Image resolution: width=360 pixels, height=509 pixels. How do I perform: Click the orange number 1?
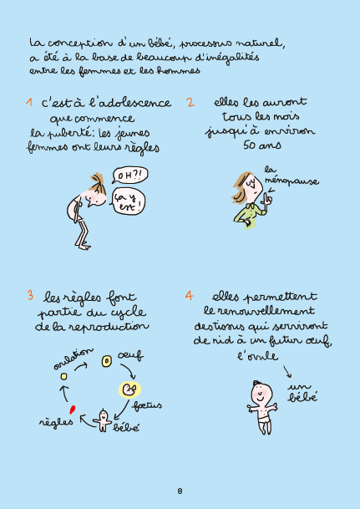(29, 102)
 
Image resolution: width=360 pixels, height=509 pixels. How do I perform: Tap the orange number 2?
(190, 102)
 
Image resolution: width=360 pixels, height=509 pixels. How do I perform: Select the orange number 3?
(30, 295)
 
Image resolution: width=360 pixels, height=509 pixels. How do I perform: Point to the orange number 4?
(189, 295)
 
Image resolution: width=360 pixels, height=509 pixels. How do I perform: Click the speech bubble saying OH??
(129, 176)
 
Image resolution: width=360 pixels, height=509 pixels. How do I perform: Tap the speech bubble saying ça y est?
(128, 202)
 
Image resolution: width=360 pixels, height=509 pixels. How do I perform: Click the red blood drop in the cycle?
(73, 410)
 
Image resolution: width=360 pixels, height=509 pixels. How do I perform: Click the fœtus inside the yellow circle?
(130, 389)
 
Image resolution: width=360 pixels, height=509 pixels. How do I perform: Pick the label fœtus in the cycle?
(147, 405)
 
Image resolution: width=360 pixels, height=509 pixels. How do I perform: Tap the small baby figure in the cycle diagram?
(103, 420)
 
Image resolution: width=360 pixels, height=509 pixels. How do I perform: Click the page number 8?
(180, 491)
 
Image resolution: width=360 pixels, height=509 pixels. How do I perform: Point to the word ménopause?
(292, 181)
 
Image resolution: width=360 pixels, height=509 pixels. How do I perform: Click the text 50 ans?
(262, 145)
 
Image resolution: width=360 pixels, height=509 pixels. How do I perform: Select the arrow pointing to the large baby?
(287, 372)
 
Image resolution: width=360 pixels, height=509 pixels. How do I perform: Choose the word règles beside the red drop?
(56, 422)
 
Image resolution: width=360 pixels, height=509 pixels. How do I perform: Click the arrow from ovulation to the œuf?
(81, 366)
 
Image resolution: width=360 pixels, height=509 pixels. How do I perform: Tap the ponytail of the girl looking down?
(97, 180)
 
